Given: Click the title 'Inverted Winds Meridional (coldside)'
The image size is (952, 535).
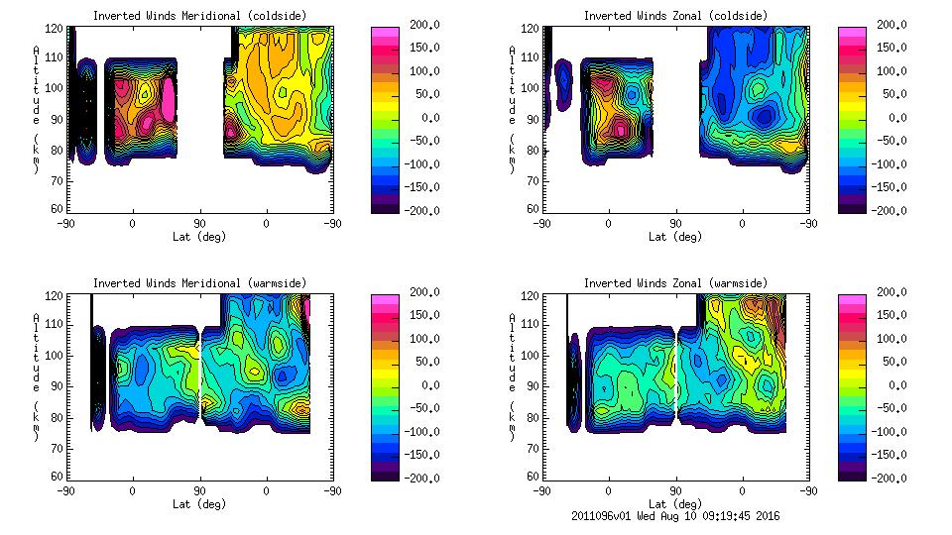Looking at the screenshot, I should point(199,16).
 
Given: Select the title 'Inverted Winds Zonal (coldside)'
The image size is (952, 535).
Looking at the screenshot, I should point(675,16).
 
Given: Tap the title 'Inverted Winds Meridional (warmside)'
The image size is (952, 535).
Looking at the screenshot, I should point(199,283).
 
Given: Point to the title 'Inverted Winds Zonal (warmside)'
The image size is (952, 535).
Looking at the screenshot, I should point(675,283).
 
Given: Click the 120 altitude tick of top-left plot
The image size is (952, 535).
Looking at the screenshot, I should point(57,26).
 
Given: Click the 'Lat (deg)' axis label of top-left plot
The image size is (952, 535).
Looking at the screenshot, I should point(199,237).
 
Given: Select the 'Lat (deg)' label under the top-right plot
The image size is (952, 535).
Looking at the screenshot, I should point(675,237).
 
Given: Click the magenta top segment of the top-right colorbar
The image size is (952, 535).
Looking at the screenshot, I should point(852,34).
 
